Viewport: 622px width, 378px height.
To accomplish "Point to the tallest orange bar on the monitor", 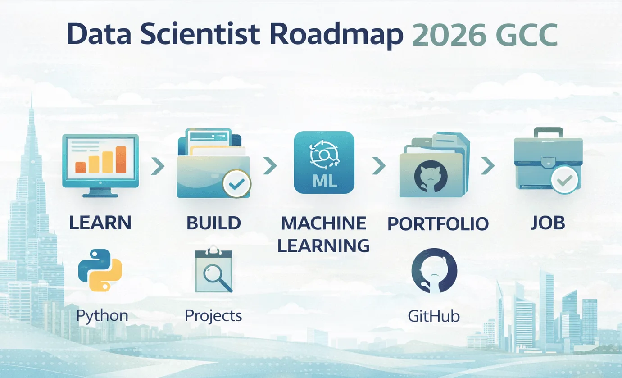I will pos(121,159).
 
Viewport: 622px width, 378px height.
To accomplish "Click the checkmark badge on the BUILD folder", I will pos(236,183).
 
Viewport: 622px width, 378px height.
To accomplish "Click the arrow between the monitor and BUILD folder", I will pos(157,167).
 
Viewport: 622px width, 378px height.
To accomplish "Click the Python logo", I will pos(100,270).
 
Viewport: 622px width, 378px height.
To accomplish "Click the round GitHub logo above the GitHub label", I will pos(434,271).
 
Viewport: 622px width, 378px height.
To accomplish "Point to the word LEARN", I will pos(100,223).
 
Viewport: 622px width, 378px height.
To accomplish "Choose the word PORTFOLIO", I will pos(438,223).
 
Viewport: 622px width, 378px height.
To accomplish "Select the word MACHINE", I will pos(323,223).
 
